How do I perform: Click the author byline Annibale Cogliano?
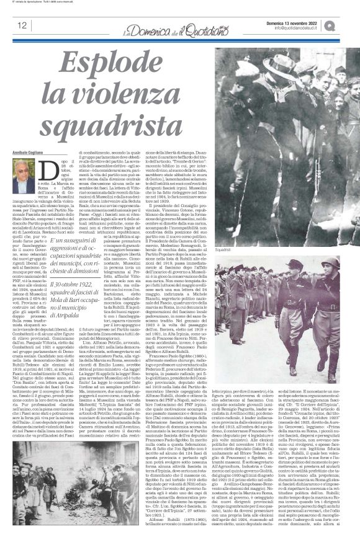30,153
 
